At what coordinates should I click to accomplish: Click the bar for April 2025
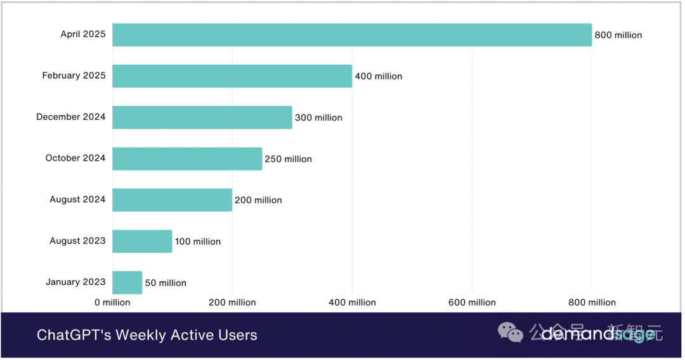[x=352, y=35]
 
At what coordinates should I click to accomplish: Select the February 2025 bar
[x=232, y=76]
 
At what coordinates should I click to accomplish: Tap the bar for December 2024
[x=202, y=117]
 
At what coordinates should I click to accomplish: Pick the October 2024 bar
[x=187, y=158]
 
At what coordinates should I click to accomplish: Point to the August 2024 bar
[x=172, y=200]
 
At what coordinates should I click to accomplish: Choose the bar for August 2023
[x=142, y=241]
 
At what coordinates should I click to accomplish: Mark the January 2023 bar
[x=127, y=282]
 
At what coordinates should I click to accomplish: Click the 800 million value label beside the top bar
[x=618, y=35]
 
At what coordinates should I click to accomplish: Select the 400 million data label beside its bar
[x=379, y=77]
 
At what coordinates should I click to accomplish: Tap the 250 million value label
[x=289, y=159]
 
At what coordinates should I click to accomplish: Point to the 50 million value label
[x=166, y=283]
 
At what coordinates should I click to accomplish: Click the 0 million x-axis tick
[x=112, y=303]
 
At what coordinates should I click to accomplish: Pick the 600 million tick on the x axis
[x=472, y=303]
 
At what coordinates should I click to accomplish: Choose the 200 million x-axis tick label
[x=232, y=303]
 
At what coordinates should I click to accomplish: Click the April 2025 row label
[x=83, y=34]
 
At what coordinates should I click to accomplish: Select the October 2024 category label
[x=75, y=158]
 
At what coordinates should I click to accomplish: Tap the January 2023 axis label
[x=75, y=282]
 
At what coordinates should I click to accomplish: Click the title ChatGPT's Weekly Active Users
[x=147, y=335]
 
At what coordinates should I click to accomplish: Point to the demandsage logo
[x=596, y=333]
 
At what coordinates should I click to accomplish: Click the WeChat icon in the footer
[x=511, y=331]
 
